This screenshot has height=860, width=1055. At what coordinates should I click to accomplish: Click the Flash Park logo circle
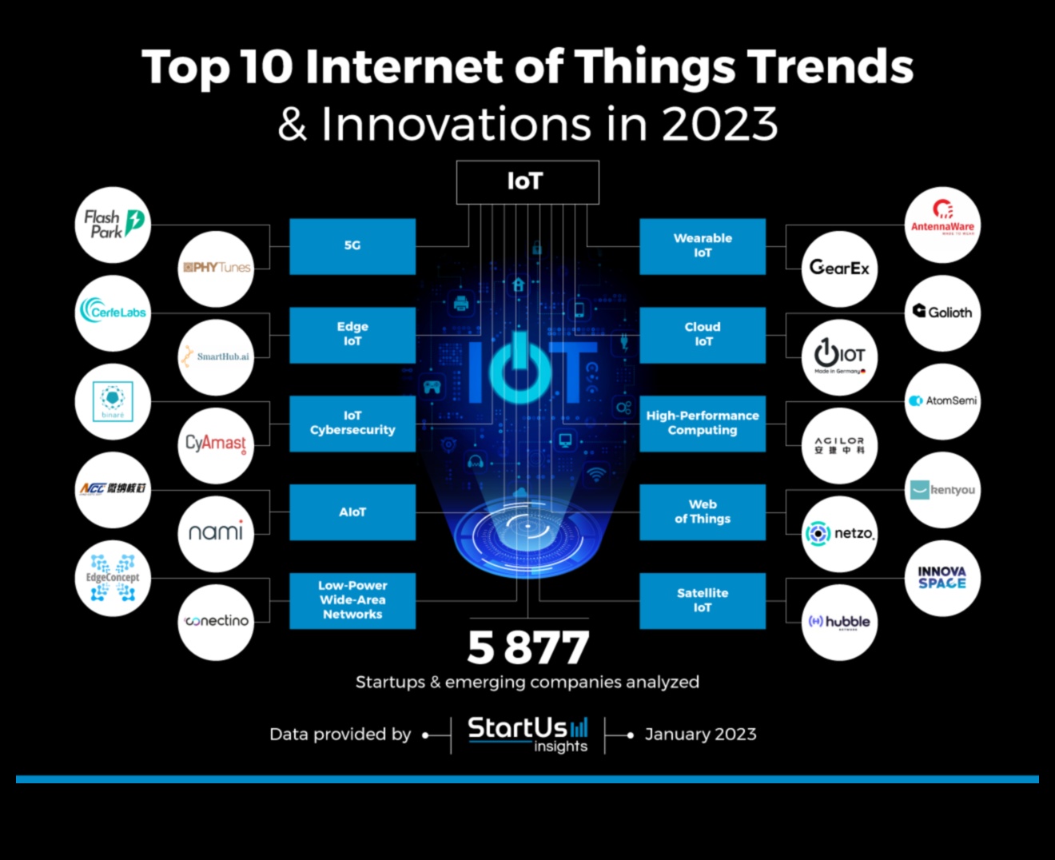113,225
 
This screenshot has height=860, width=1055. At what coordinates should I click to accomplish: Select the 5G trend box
352,246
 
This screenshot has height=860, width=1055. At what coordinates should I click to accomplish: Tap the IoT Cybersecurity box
352,423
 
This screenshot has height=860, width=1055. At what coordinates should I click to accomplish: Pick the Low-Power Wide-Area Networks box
352,600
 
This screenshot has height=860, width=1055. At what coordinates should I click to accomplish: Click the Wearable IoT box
703,246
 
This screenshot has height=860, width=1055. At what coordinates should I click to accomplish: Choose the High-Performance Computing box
703,423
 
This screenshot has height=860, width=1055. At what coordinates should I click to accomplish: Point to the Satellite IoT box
703,600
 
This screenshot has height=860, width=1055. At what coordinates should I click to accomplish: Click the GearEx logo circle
839,269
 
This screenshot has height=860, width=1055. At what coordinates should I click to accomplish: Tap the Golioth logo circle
942,313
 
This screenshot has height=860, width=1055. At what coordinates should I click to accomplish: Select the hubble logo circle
839,622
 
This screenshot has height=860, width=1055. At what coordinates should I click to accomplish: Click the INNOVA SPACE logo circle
942,578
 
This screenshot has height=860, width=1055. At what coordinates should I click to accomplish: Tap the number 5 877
527,647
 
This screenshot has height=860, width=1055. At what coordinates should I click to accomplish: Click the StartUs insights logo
527,734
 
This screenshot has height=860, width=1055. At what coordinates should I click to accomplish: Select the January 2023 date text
700,735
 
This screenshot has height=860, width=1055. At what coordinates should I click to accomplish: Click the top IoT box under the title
527,182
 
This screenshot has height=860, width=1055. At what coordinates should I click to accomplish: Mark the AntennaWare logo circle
942,225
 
